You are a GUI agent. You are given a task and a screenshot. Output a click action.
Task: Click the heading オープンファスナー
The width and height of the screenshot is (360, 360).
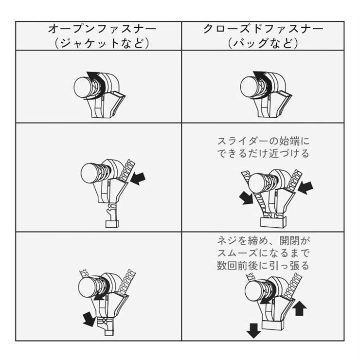(x=102, y=29)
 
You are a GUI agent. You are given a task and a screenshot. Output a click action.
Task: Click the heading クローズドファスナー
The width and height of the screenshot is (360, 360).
(x=263, y=29)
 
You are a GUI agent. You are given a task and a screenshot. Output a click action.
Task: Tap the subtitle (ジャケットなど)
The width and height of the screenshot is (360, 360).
(x=102, y=43)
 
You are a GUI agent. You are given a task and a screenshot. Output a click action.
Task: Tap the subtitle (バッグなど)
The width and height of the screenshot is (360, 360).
(x=263, y=43)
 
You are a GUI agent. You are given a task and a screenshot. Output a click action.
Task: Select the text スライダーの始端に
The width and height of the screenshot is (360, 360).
(x=263, y=141)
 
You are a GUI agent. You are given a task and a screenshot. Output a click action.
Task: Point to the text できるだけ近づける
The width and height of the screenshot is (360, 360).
(x=263, y=153)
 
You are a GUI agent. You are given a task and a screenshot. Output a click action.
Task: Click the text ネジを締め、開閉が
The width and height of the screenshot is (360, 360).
(x=263, y=241)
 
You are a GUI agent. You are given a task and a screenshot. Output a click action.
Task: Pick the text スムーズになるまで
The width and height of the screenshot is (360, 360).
(x=263, y=253)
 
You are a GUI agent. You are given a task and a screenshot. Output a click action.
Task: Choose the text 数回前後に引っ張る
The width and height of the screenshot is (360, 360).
(x=263, y=266)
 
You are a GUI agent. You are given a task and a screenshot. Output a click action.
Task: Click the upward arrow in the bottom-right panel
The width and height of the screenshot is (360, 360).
(x=300, y=308)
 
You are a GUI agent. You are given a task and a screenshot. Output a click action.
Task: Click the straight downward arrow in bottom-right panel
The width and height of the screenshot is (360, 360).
(x=253, y=330)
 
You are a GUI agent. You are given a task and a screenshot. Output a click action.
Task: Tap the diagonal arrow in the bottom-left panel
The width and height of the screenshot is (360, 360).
(x=89, y=319)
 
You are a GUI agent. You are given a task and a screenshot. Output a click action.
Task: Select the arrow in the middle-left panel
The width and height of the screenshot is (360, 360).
(x=138, y=179)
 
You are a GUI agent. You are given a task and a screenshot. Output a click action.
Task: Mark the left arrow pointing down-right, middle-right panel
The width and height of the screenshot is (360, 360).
(x=246, y=198)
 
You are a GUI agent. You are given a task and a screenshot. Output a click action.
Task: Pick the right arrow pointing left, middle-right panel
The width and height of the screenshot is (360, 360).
(x=305, y=188)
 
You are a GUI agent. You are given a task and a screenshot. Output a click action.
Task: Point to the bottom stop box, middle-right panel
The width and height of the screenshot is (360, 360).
(x=273, y=222)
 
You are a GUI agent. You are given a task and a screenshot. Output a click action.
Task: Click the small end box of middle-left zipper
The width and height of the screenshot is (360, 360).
(x=112, y=224)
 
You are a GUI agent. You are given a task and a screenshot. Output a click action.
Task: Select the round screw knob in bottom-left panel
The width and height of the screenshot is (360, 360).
(x=88, y=288)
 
